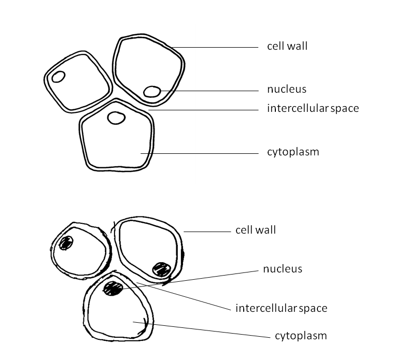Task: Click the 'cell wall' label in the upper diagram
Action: coord(287,46)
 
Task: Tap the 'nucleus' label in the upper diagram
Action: coord(287,89)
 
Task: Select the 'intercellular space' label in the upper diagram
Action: coord(313,108)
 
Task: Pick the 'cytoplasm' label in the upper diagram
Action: coord(293,152)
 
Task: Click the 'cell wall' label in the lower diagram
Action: coord(256,229)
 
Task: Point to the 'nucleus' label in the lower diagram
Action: coord(283,269)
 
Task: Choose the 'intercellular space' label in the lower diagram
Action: coord(281,308)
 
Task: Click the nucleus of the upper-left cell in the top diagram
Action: coord(58,77)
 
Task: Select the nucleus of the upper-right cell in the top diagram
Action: coord(152,92)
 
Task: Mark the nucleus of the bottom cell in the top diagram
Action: coord(116,118)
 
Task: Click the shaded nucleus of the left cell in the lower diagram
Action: coord(66,242)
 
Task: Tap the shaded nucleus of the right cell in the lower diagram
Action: coord(161,269)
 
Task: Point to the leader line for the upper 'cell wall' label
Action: coord(218,47)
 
